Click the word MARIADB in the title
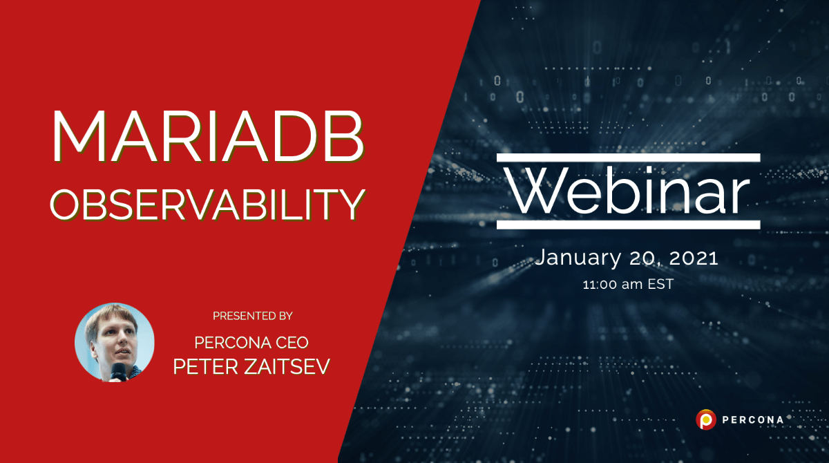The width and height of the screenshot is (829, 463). pyautogui.click(x=207, y=137)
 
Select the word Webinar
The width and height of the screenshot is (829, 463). pyautogui.click(x=628, y=191)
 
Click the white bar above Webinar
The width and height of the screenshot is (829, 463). pyautogui.click(x=628, y=158)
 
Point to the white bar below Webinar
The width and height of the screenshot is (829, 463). pyautogui.click(x=628, y=225)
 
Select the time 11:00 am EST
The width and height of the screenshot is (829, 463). pyautogui.click(x=627, y=283)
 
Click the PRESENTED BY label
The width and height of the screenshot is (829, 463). pyautogui.click(x=252, y=316)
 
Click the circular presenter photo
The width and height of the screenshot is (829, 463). pyautogui.click(x=115, y=342)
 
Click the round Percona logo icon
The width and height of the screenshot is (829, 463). pyautogui.click(x=705, y=419)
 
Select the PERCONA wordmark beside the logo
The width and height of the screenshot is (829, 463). pyautogui.click(x=752, y=419)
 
